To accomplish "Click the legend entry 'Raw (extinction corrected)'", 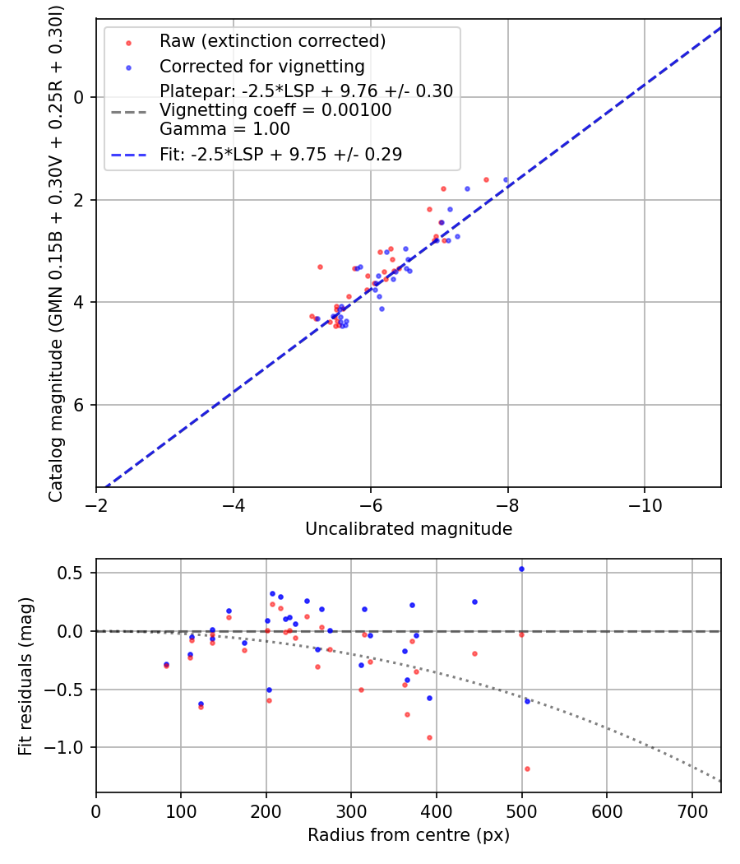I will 272,41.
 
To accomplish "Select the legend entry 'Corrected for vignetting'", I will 261,66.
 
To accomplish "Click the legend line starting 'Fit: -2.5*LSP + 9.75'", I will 280,155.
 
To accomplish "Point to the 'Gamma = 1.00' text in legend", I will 224,128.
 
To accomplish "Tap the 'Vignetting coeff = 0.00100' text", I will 275,110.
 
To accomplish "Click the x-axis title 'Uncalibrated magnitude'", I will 409,529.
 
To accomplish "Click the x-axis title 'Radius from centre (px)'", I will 409,835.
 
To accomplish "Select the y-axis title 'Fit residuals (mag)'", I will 25,676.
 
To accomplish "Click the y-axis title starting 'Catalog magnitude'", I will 55,252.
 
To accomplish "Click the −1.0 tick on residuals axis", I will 73,747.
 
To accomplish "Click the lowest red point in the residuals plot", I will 527,769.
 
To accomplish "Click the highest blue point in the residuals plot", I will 521,569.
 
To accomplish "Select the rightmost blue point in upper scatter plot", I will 506,179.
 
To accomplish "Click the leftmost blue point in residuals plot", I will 166,664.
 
